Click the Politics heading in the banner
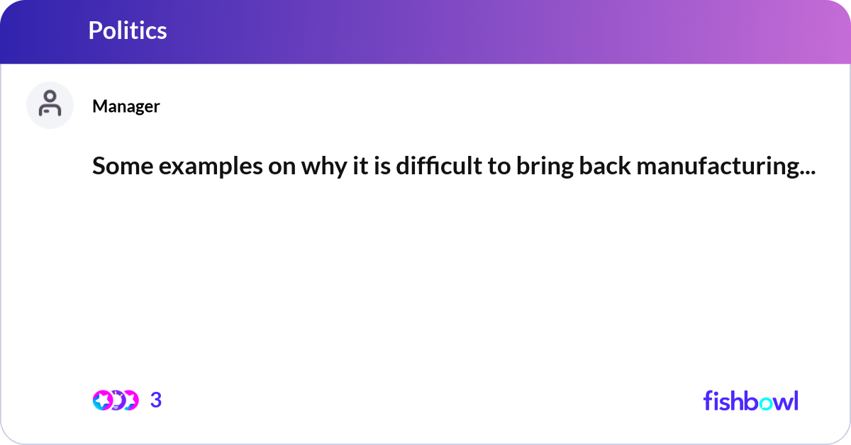click(x=128, y=30)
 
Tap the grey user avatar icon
click(x=50, y=105)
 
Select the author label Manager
click(x=126, y=106)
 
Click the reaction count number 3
click(x=156, y=400)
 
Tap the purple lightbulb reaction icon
click(x=116, y=400)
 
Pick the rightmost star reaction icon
click(x=130, y=400)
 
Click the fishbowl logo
click(x=750, y=400)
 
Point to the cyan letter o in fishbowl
click(x=763, y=402)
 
